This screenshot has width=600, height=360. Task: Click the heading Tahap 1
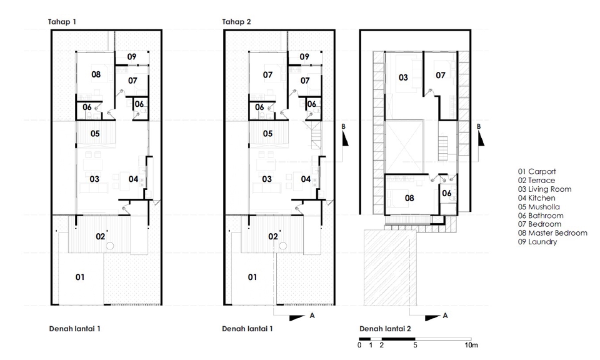[62, 22]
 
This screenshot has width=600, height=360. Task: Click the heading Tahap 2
[236, 22]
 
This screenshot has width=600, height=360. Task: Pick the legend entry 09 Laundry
[537, 241]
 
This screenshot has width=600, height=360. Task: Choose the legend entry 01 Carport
[536, 171]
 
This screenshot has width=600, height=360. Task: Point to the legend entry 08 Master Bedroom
[552, 232]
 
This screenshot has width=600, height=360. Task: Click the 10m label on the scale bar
[471, 345]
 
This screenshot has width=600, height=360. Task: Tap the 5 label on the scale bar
[415, 345]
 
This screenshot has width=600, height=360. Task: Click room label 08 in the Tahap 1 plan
[96, 74]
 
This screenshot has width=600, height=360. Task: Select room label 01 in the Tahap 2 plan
[251, 276]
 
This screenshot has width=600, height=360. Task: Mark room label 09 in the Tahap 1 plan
[132, 57]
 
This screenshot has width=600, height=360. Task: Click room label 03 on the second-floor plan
[403, 77]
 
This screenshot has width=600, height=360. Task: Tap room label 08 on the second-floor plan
[409, 198]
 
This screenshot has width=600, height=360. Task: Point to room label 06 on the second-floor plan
[447, 194]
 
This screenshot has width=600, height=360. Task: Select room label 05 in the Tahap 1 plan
[95, 133]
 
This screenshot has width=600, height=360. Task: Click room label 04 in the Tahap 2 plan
[306, 179]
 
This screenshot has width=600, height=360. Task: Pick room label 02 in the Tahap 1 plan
[99, 236]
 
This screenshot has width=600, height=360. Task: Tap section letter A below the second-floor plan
[446, 316]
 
